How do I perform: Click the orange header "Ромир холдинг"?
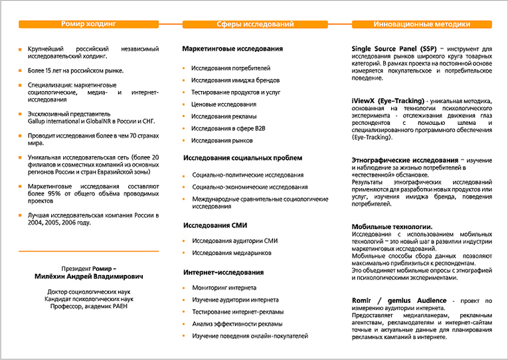pos(88,24)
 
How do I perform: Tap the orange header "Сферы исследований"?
pos(256,24)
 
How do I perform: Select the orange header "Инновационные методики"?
pos(422,24)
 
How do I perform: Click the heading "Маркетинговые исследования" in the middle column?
pos(232,49)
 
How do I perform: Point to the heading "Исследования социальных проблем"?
pos(242,158)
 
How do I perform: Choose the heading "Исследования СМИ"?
pos(216,225)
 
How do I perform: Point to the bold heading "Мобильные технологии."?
pos(392,227)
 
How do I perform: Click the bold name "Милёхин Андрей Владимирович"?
pos(88,276)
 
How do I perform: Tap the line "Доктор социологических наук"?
pos(88,292)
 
